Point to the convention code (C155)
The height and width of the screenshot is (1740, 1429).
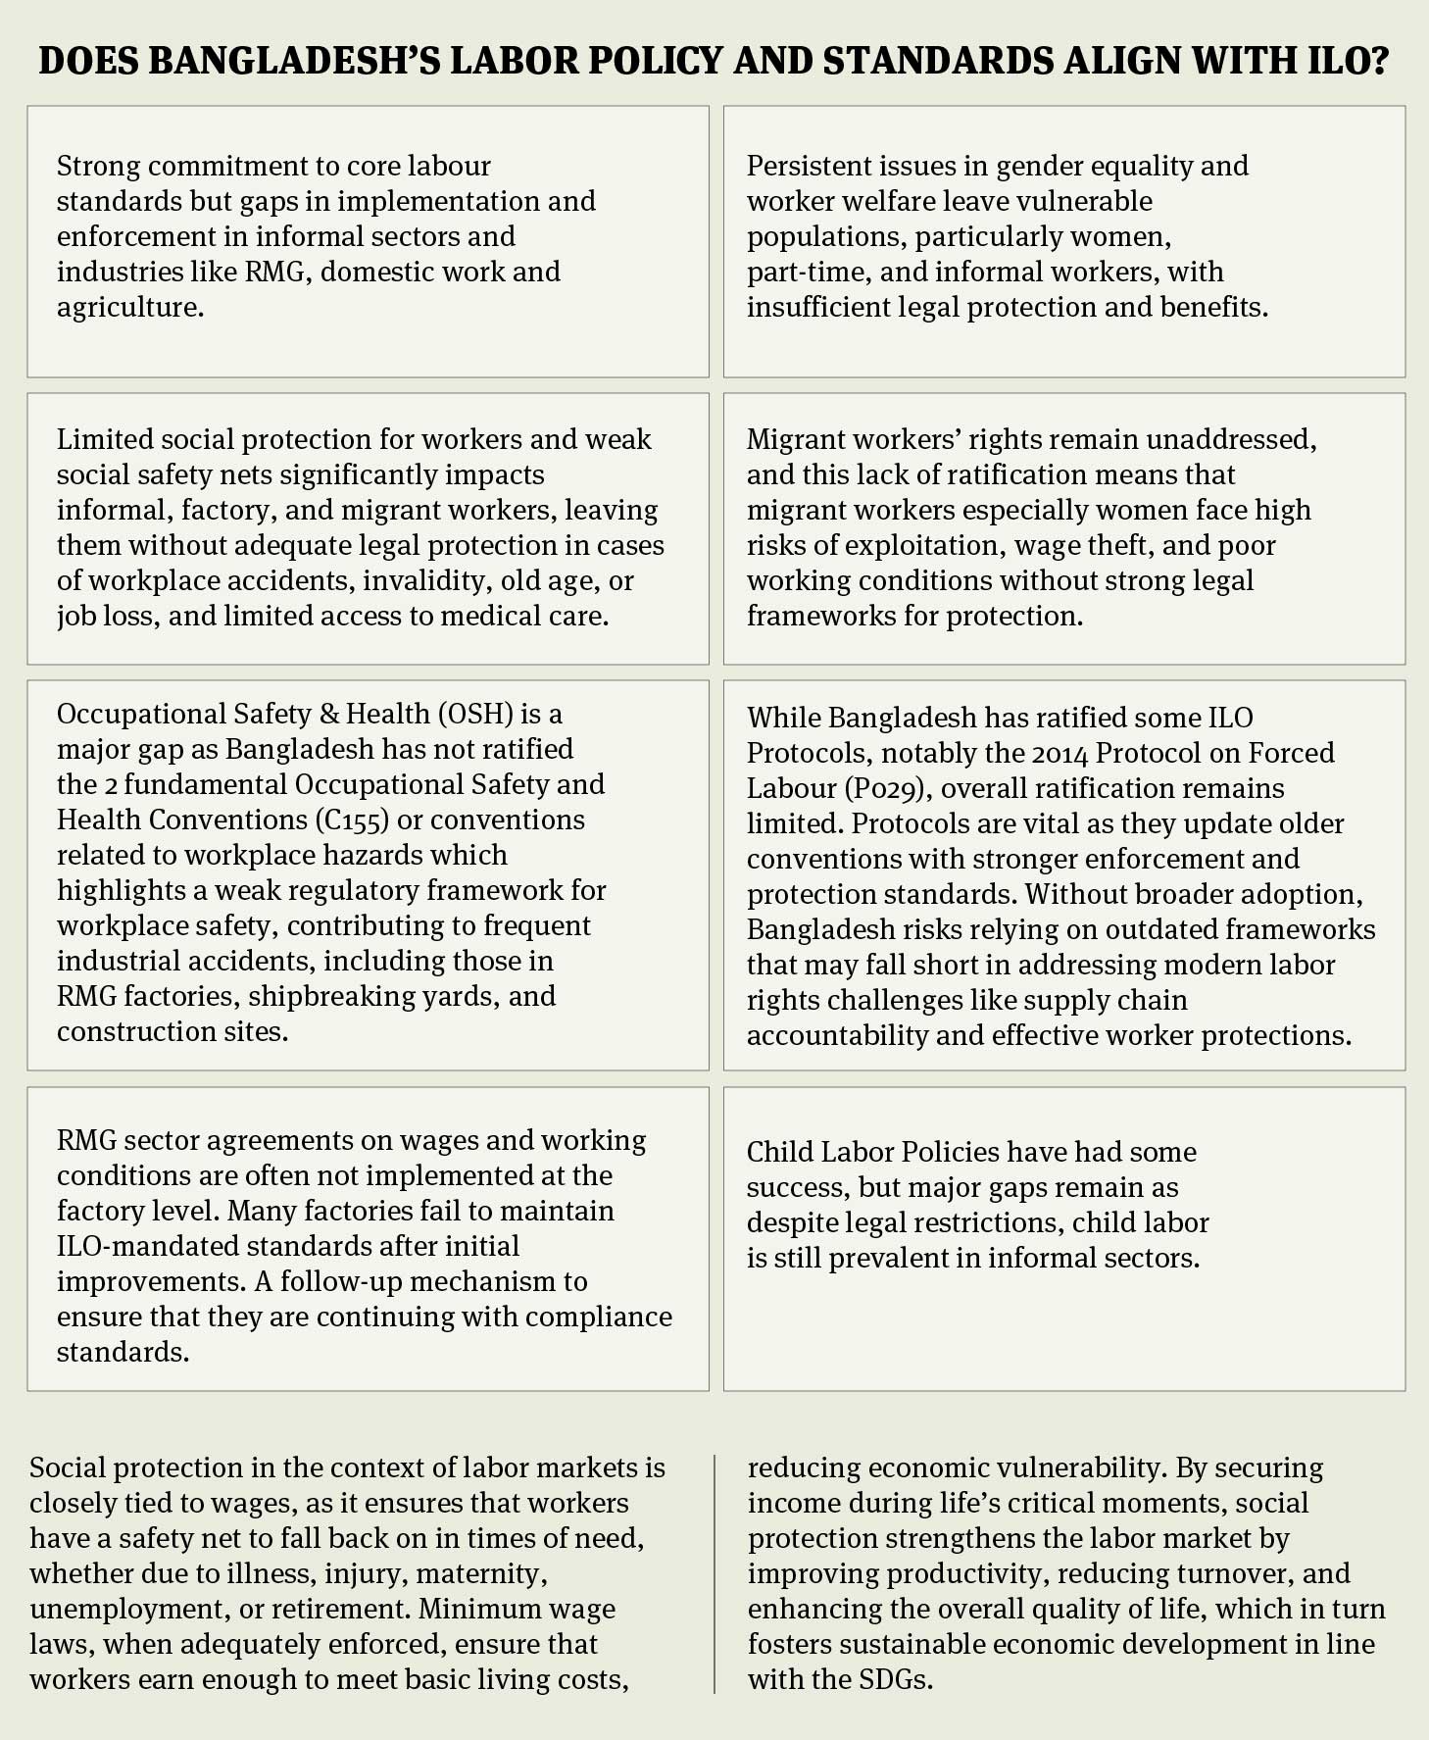point(350,820)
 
